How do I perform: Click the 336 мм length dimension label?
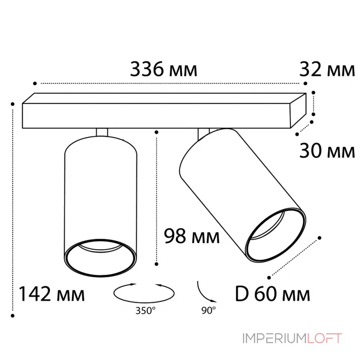point(163,69)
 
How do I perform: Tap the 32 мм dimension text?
point(327,69)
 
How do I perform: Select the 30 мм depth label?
point(327,151)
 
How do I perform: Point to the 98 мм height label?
point(192,236)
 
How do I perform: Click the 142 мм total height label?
point(51,294)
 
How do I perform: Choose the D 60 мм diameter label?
point(273,294)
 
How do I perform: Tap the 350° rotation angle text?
point(145,310)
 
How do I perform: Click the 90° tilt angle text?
point(209,310)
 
